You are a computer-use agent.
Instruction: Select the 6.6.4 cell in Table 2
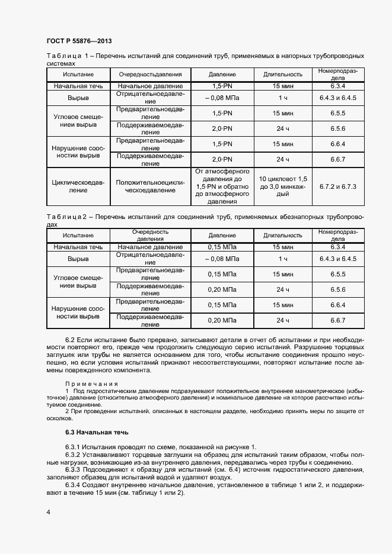click(337, 305)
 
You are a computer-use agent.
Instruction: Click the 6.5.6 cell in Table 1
click(337, 128)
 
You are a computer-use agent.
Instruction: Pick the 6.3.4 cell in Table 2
click(337, 246)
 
